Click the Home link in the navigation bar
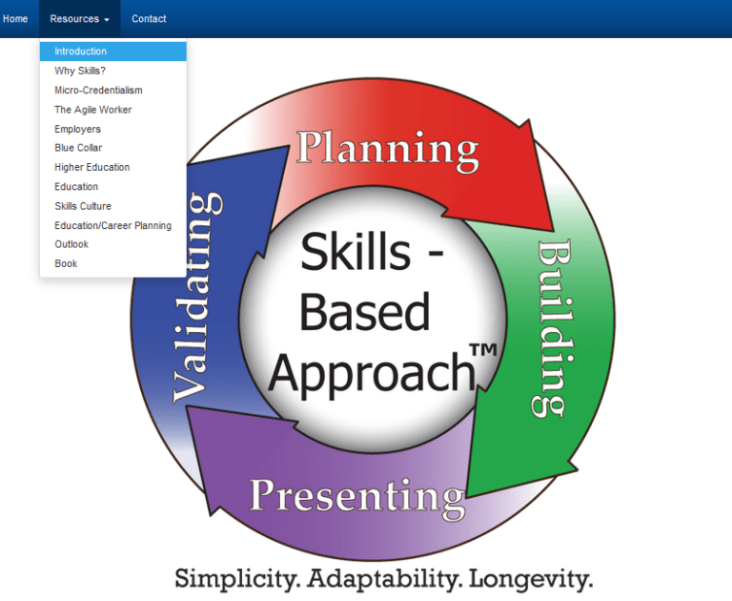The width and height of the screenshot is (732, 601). pyautogui.click(x=15, y=19)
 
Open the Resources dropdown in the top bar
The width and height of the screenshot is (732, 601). pyautogui.click(x=79, y=19)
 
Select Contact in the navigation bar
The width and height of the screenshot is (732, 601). pyautogui.click(x=149, y=19)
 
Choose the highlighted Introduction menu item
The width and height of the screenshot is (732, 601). pyautogui.click(x=81, y=52)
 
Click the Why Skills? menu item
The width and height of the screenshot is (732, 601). pyautogui.click(x=80, y=71)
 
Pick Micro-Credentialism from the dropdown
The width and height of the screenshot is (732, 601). pyautogui.click(x=98, y=90)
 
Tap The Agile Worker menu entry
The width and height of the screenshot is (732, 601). pyautogui.click(x=93, y=110)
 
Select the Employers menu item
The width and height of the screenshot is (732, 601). pyautogui.click(x=77, y=129)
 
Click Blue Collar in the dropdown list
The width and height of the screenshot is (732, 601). pyautogui.click(x=78, y=148)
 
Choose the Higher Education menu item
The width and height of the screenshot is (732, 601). pyautogui.click(x=92, y=167)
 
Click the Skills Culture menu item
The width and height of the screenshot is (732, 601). pyautogui.click(x=83, y=206)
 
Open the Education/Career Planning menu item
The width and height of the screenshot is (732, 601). pyautogui.click(x=113, y=225)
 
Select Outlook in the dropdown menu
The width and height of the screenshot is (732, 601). pyautogui.click(x=71, y=244)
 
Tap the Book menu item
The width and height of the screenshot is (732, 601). pyautogui.click(x=66, y=263)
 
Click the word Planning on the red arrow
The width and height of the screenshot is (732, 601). pyautogui.click(x=387, y=149)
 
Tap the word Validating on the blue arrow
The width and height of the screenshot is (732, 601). pyautogui.click(x=198, y=297)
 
